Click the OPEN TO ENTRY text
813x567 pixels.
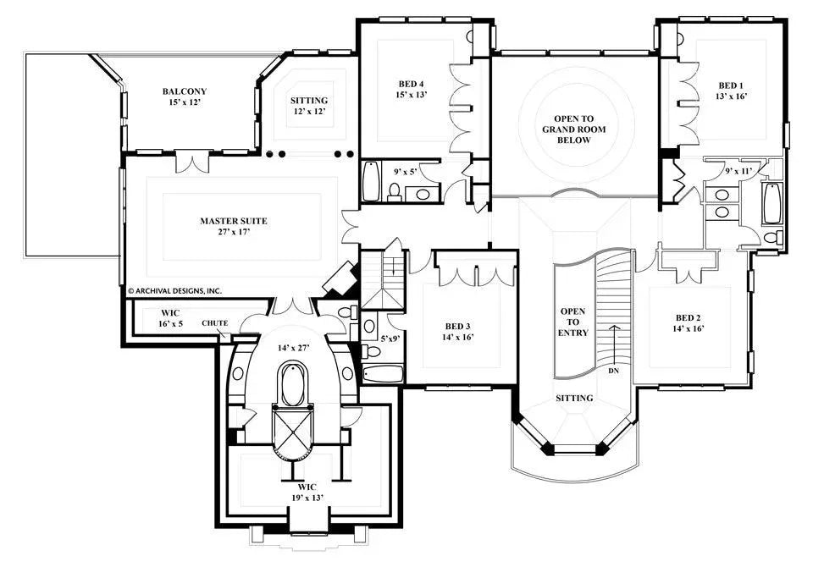point(572,322)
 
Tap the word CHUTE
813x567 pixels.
point(213,322)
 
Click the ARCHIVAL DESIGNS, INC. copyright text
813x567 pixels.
point(174,289)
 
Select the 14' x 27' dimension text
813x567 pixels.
point(292,346)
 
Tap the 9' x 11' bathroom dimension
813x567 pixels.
point(738,172)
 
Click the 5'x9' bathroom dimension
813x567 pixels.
point(390,339)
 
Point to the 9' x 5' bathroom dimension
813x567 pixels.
point(407,173)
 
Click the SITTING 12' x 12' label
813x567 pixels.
point(308,105)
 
